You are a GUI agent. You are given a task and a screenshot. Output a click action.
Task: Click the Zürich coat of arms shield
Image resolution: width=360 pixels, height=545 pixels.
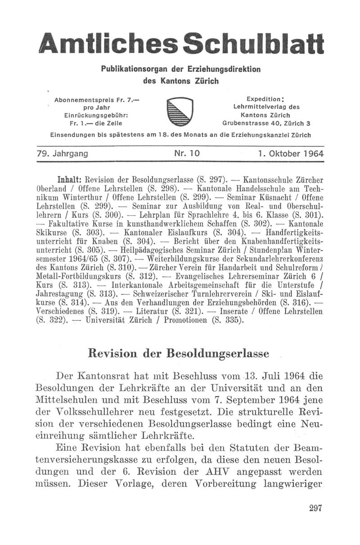[x=180, y=113]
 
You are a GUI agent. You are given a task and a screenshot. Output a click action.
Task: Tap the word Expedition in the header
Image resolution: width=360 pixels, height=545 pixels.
[x=265, y=99]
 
